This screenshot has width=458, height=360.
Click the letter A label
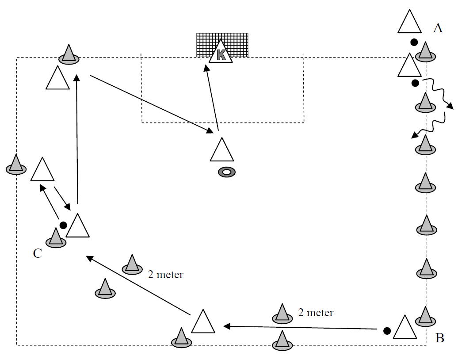(438, 29)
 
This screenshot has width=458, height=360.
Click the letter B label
(439, 339)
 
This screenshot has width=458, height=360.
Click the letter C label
(38, 253)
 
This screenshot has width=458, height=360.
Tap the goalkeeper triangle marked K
(221, 54)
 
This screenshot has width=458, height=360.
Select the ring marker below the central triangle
(227, 172)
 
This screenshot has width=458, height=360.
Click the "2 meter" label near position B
(316, 313)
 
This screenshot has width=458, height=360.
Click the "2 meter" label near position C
(165, 275)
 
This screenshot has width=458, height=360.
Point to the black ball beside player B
(387, 330)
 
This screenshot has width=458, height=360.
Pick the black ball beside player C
(63, 225)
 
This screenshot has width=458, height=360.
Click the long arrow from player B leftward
(301, 328)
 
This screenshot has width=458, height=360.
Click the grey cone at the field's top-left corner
(68, 54)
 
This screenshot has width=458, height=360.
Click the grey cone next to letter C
(56, 238)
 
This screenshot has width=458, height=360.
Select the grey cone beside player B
(425, 316)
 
